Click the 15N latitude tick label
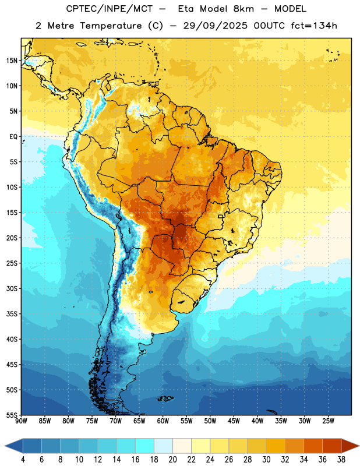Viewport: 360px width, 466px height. [x=12, y=61]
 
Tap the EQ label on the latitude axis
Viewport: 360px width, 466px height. [x=13, y=137]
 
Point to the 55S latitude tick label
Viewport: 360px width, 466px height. [x=12, y=415]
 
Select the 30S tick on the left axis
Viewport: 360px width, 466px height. [x=12, y=288]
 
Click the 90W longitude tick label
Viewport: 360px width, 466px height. [x=21, y=421]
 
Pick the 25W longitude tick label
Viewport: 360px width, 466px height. [x=328, y=421]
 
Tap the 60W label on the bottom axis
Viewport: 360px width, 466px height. [x=163, y=421]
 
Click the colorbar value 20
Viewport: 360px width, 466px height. [x=172, y=460]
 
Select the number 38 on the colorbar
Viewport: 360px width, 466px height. [x=341, y=460]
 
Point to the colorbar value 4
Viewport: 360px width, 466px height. [x=23, y=460]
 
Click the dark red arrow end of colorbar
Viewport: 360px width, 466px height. [x=350, y=446]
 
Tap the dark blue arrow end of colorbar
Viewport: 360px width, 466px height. [x=14, y=446]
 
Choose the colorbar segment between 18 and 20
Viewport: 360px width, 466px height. [x=164, y=446]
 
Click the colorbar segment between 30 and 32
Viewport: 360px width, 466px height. [x=276, y=446]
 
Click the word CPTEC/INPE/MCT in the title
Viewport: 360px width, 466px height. [x=110, y=9]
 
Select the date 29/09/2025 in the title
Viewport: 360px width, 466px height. [x=215, y=26]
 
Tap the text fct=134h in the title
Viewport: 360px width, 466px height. [x=314, y=26]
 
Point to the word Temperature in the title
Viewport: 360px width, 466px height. [x=111, y=26]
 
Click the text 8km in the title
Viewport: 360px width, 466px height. [x=243, y=9]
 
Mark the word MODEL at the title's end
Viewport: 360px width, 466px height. [x=290, y=9]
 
